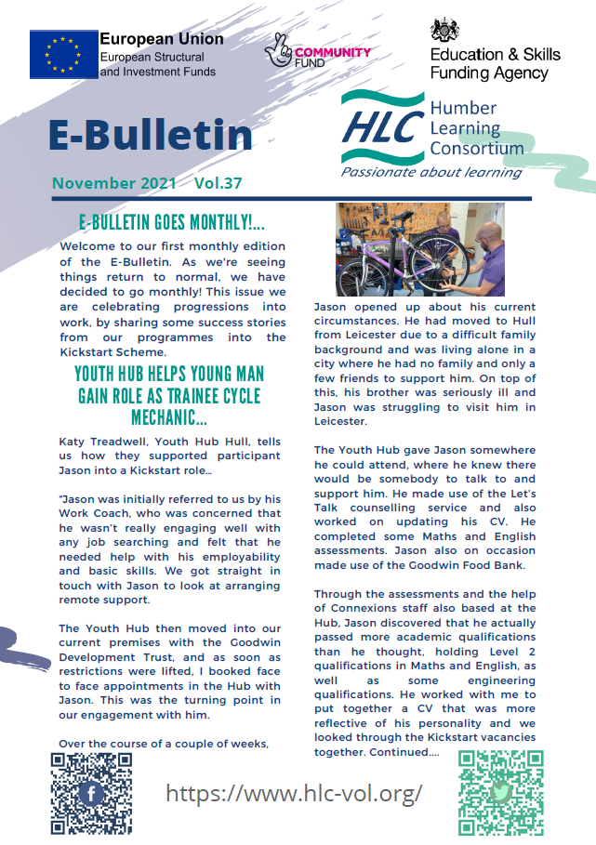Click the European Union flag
pyautogui.click(x=62, y=54)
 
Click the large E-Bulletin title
pyautogui.click(x=151, y=135)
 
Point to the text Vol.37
pyautogui.click(x=219, y=183)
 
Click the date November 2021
pyautogui.click(x=114, y=183)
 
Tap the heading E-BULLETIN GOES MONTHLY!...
pyautogui.click(x=172, y=223)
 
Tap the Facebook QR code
pyautogui.click(x=91, y=793)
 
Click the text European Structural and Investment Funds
pyautogui.click(x=157, y=64)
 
